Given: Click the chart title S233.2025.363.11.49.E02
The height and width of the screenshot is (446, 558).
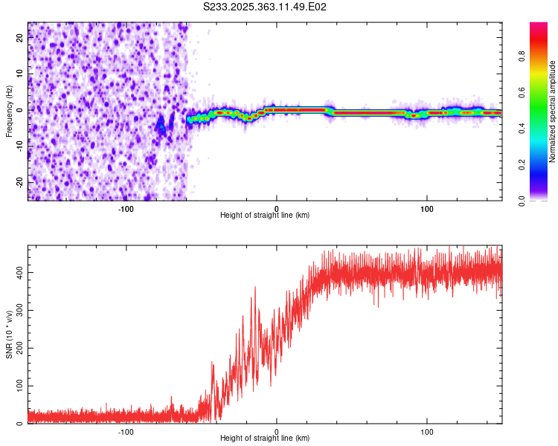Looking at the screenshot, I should point(266,7).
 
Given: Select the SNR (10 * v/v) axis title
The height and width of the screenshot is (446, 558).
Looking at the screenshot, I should point(9,334).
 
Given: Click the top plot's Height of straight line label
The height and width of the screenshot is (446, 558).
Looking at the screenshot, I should point(265,216).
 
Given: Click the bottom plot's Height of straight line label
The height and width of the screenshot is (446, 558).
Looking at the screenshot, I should point(265,439).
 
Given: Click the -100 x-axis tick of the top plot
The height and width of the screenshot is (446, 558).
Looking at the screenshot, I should point(126,207).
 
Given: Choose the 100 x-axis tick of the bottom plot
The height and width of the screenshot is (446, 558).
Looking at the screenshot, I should point(427,430).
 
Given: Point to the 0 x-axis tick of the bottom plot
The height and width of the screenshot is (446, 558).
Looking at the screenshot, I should point(277,430).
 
